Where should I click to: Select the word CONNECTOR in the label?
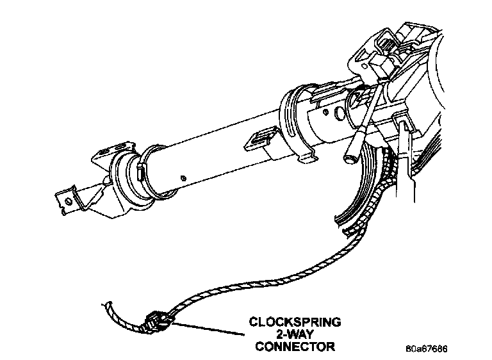click(295, 347)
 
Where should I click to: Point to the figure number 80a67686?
click(426, 350)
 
